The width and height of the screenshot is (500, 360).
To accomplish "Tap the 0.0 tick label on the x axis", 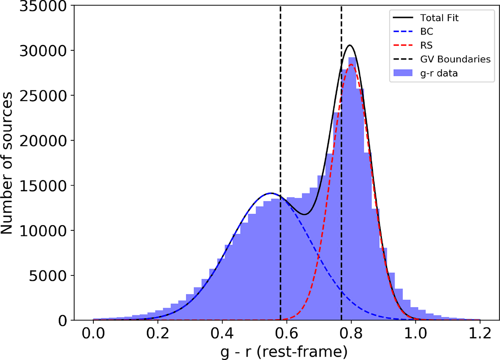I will click(93, 334).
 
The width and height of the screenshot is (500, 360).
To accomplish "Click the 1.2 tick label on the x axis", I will click(480, 334).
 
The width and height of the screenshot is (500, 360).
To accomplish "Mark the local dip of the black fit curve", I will click(305, 215).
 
